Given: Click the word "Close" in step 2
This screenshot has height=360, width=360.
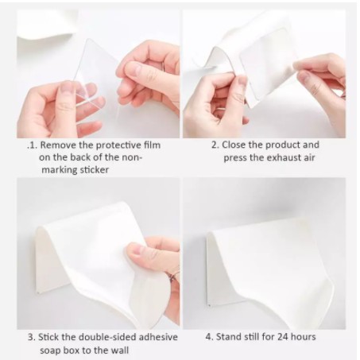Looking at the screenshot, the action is coord(234,145).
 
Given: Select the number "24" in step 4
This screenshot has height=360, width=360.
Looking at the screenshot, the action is coord(283,337).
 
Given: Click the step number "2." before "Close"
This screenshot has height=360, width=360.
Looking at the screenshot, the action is coord(215,145).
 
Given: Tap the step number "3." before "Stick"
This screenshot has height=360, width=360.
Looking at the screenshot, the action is coord(32,337).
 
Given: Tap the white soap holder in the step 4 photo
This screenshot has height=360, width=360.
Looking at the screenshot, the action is coord(269,265).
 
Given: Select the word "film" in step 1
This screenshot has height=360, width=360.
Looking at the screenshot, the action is coord(152,145).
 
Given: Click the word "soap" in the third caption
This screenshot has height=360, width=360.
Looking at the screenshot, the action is coord(50,350).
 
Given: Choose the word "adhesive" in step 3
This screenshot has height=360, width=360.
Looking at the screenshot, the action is coord(158,337).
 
